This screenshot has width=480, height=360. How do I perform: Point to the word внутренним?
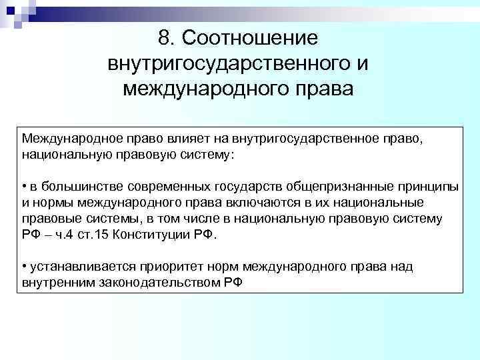click(x=56, y=282)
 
